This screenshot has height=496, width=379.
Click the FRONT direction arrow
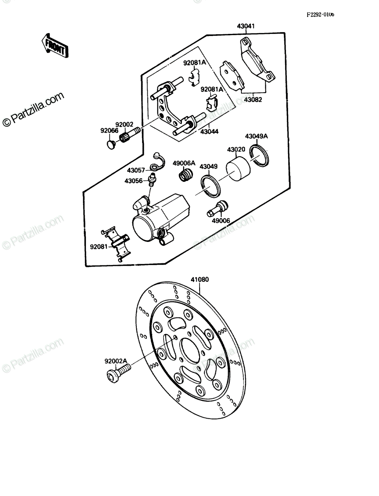coord(55,46)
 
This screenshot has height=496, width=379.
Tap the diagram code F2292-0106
coord(320,15)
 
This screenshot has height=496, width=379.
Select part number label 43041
coord(246,26)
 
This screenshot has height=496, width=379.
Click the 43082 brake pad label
coord(253,100)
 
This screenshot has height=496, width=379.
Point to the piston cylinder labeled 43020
coord(238,169)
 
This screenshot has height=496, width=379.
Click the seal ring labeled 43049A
coord(259,156)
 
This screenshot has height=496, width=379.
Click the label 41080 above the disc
coord(200,279)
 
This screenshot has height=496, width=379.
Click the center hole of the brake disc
coord(191,351)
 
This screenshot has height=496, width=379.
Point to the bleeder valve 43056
coord(152,180)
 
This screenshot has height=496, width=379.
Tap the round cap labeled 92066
coord(111,145)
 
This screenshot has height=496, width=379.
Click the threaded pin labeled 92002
coord(130,135)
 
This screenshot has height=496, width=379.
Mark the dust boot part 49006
coord(217,209)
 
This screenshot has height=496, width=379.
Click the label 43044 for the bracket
coord(210,131)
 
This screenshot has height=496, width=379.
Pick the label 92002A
coord(116,361)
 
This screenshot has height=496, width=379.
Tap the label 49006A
coord(184,163)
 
